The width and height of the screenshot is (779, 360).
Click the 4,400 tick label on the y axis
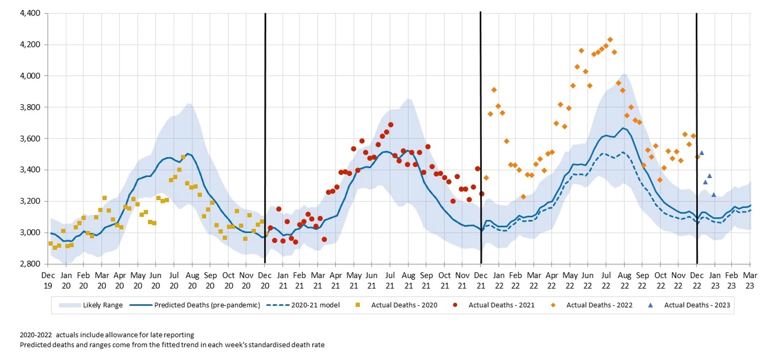[x=30, y=13]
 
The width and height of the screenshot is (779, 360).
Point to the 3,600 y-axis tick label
[x=30, y=139]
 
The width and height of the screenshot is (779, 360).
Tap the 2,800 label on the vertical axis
[x=30, y=264]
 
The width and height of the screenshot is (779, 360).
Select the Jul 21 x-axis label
[x=390, y=281]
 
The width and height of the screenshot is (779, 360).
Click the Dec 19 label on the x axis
[x=48, y=281]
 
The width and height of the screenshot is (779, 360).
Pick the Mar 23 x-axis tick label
[x=750, y=281]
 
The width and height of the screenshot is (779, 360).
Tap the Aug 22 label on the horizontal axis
[x=624, y=281]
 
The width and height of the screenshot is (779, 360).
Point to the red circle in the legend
[x=455, y=305]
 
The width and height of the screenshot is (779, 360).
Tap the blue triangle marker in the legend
[x=650, y=305]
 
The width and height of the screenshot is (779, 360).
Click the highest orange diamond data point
[x=610, y=40]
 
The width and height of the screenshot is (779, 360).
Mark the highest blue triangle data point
[x=702, y=153]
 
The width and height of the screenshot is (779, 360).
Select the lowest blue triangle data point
[x=714, y=195]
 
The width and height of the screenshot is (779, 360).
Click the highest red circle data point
[x=391, y=125]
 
